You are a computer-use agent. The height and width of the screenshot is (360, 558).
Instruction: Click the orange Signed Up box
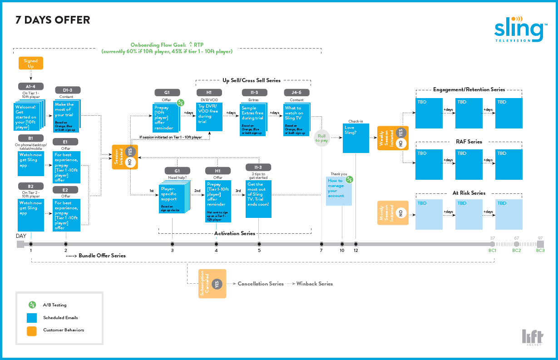(31, 63)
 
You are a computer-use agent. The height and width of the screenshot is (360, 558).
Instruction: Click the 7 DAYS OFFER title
(53, 20)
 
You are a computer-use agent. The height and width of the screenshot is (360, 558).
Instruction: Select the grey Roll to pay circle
(321, 138)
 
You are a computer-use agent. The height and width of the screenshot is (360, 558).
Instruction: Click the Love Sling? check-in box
(356, 138)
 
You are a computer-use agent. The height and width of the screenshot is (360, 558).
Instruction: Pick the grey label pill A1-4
(31, 86)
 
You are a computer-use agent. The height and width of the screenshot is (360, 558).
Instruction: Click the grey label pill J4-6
(297, 93)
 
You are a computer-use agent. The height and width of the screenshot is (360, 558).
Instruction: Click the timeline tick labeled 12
(356, 244)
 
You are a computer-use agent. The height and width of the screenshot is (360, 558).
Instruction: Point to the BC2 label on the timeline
(517, 250)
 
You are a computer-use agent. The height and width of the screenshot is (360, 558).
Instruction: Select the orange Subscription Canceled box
(212, 284)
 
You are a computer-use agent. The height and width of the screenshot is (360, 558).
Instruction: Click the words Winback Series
(314, 284)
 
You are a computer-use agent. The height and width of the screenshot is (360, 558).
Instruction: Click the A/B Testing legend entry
(54, 305)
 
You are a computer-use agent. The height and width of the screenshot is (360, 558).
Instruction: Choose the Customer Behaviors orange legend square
(32, 330)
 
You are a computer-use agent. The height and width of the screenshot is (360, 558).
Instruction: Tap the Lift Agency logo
(532, 337)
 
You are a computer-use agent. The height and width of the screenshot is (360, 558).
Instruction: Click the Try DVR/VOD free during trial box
(209, 117)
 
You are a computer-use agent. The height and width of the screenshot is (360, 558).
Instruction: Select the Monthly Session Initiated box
(392, 213)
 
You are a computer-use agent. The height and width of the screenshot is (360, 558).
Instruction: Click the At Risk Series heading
(469, 193)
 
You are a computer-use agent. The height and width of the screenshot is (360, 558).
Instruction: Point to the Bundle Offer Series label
(102, 256)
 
